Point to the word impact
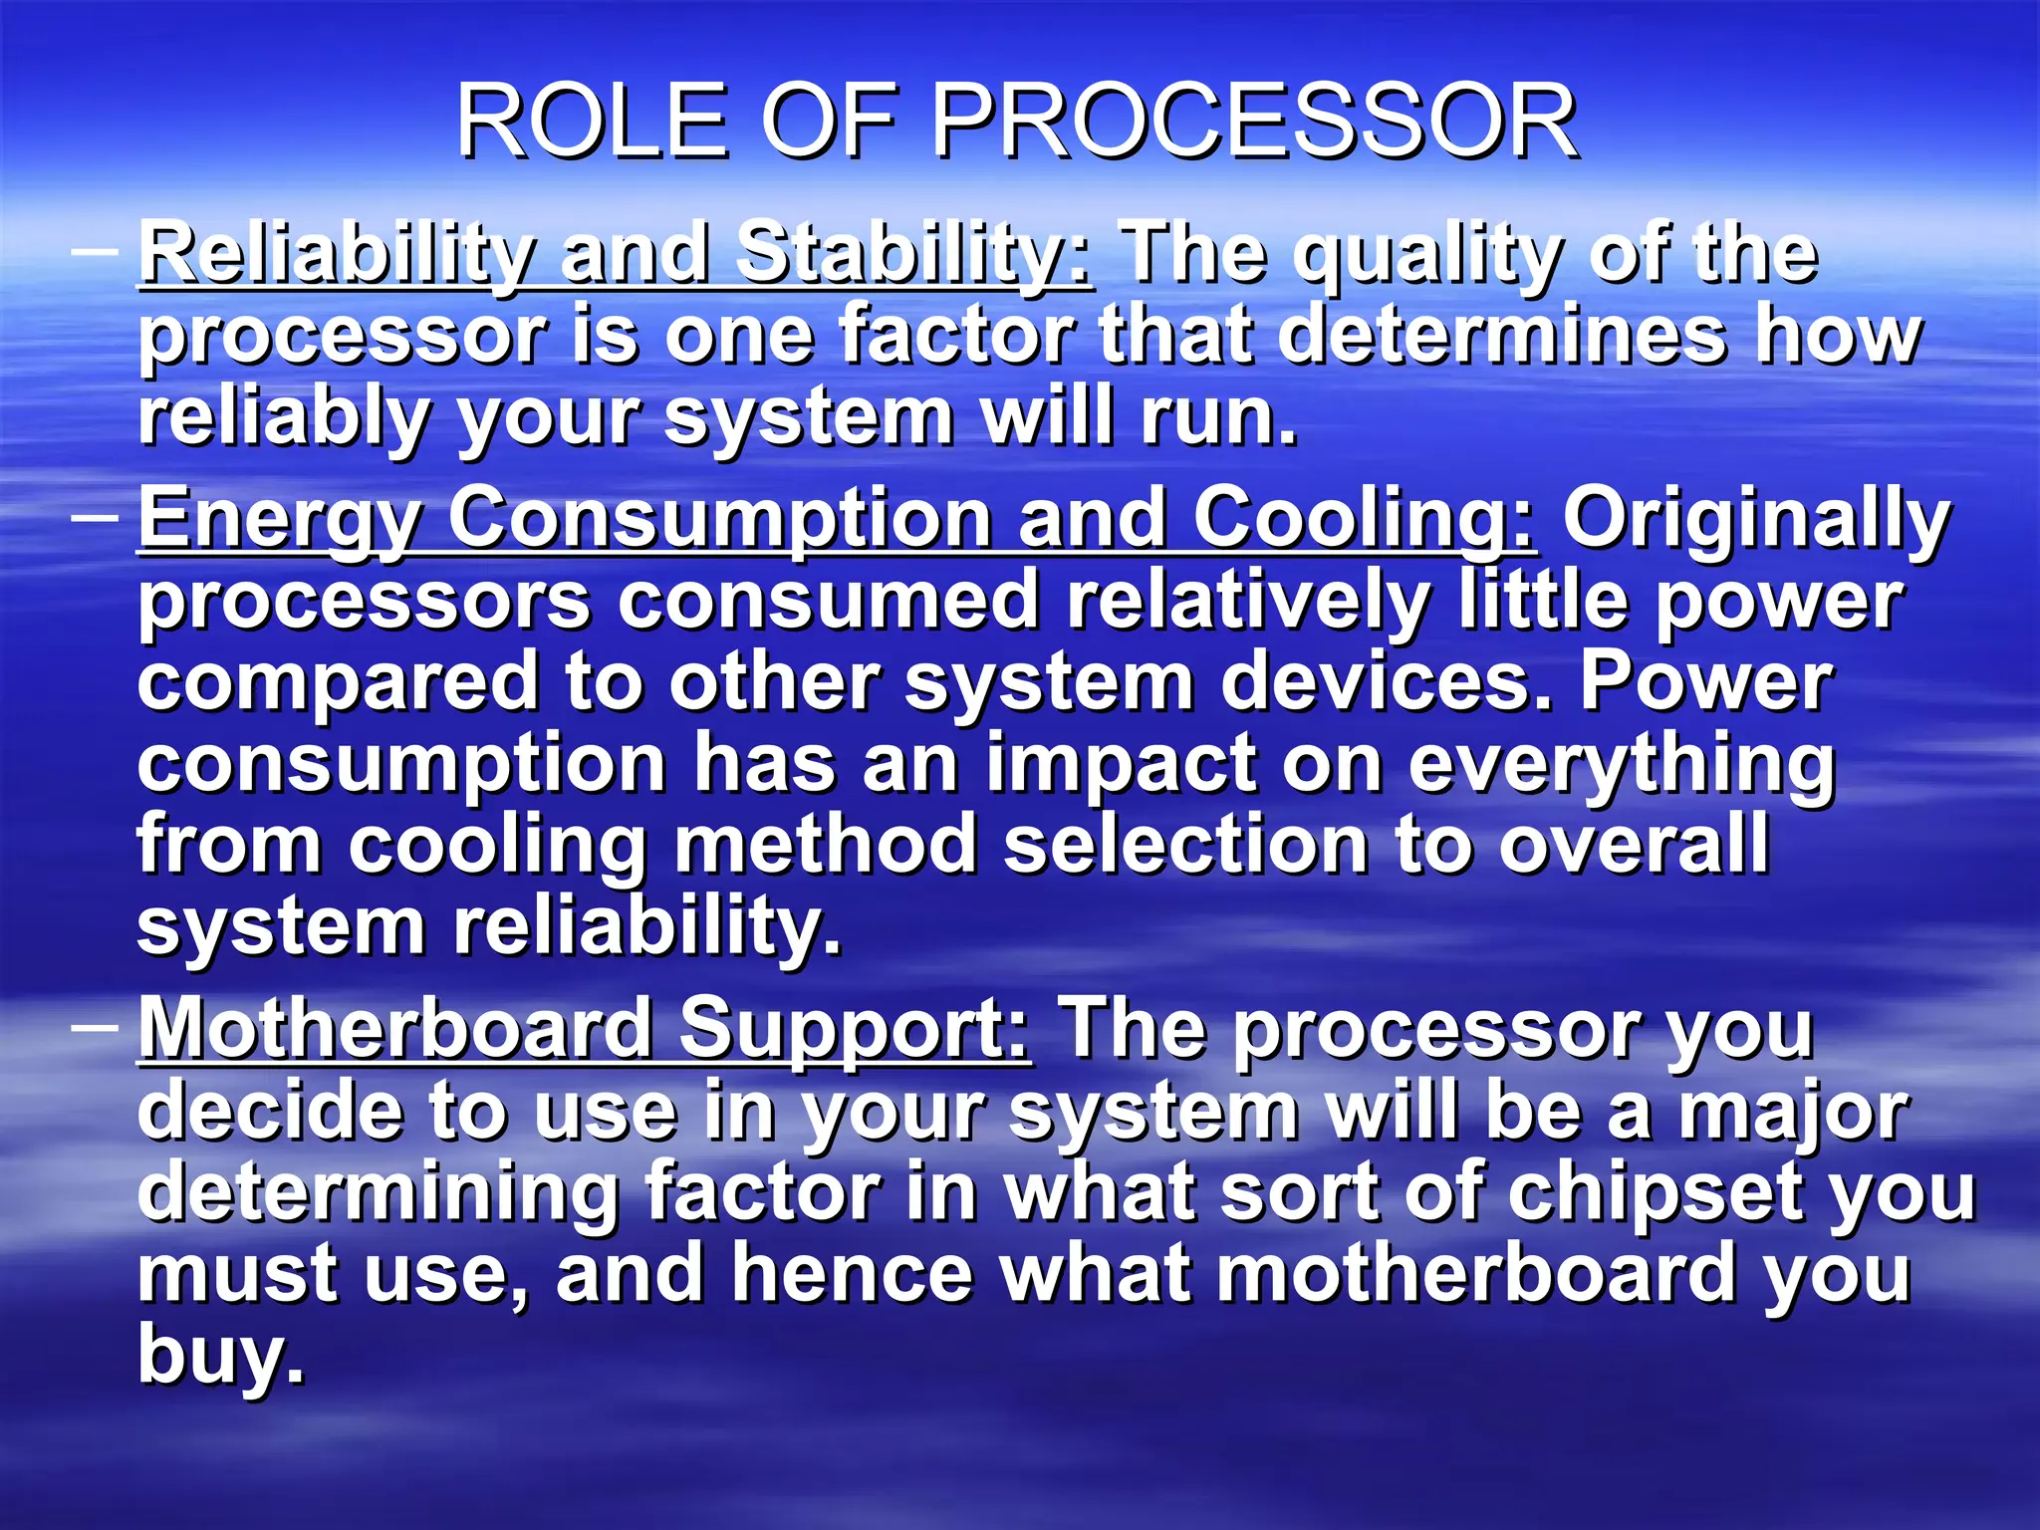click(x=1121, y=765)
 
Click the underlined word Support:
click(x=855, y=1030)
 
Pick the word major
click(x=1793, y=1112)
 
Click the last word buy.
click(x=220, y=1356)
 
